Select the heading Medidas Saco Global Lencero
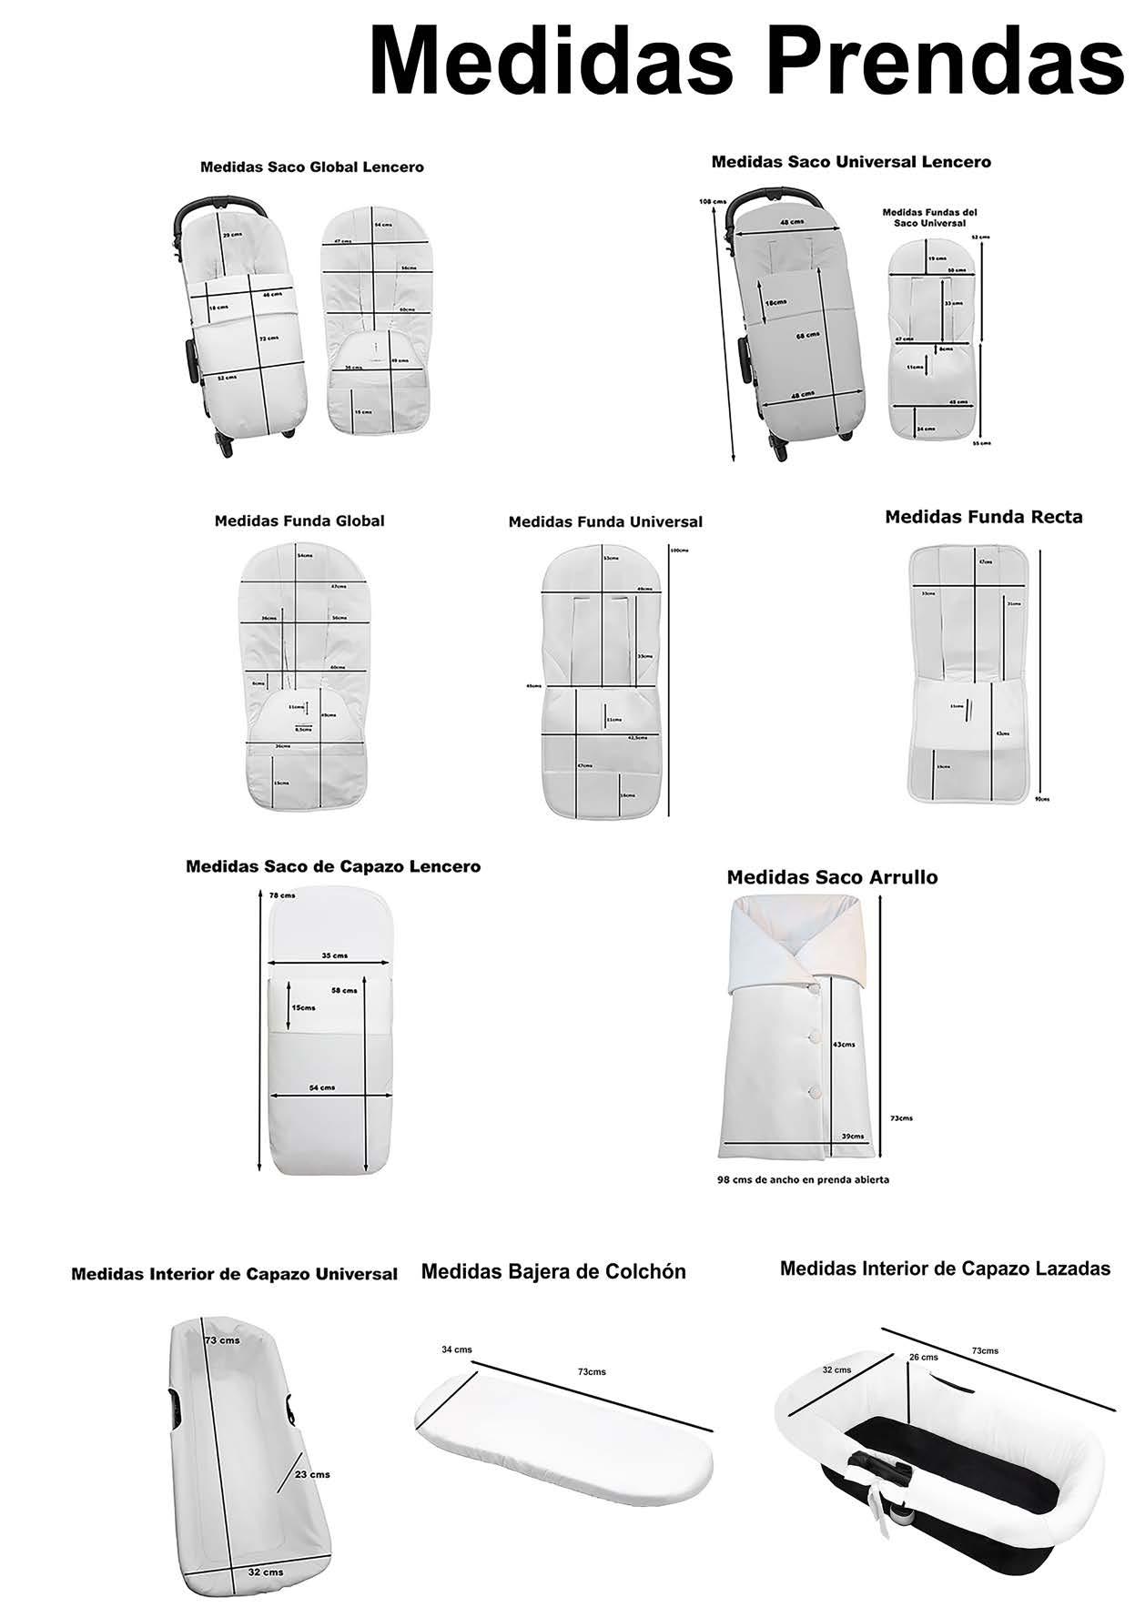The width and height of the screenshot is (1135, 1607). pos(311,167)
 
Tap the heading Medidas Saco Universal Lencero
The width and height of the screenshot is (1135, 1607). pos(851,162)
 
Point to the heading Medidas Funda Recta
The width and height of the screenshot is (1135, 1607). pos(984,517)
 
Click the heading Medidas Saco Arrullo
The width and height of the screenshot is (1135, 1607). pos(832,877)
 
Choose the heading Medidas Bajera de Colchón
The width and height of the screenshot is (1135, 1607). pos(553,1271)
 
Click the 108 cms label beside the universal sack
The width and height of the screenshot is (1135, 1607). pos(713,201)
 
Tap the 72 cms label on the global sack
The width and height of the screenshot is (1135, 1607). pos(269,339)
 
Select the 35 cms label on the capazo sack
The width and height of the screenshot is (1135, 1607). pos(334,955)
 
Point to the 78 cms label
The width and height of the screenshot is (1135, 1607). pos(282,895)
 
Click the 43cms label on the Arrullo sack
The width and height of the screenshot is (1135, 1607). pos(844,1045)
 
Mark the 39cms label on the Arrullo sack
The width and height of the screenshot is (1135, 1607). pos(853,1137)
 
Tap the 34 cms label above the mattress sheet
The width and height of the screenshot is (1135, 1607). pos(457,1349)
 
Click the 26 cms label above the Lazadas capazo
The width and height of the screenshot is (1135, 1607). pos(923,1357)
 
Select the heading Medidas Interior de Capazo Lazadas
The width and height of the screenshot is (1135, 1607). pos(945,1268)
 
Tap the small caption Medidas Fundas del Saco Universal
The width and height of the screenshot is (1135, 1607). pos(929,217)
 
